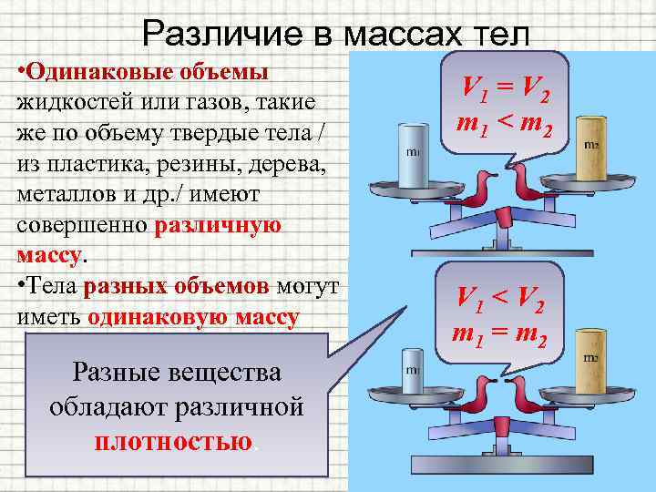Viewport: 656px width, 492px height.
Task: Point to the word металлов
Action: pos(65,196)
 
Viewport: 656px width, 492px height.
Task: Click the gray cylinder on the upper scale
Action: pos(413,153)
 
